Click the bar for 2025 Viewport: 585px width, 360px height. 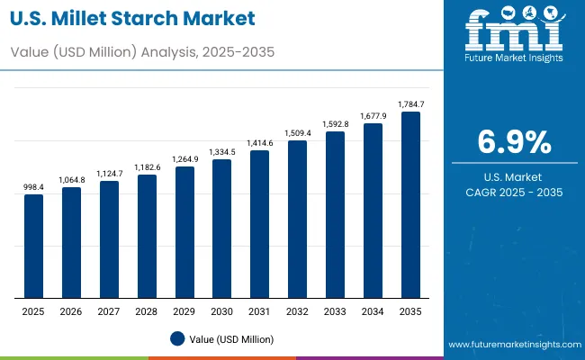[33, 246]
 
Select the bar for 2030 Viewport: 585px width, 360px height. [222, 229]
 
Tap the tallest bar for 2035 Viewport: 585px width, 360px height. [410, 204]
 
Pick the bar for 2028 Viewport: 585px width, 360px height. [147, 236]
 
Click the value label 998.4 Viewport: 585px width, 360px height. [33, 187]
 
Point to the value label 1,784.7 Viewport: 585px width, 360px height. [410, 104]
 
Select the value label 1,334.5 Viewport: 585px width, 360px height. [222, 152]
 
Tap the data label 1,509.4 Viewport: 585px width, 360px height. [297, 133]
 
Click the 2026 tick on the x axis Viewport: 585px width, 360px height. [71, 310]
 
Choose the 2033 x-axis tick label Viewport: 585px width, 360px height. [335, 310]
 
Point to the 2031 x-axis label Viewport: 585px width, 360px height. [259, 310]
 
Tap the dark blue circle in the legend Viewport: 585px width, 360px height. [177, 339]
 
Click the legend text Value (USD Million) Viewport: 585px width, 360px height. [231, 339]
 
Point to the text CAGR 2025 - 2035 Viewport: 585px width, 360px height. [513, 192]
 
